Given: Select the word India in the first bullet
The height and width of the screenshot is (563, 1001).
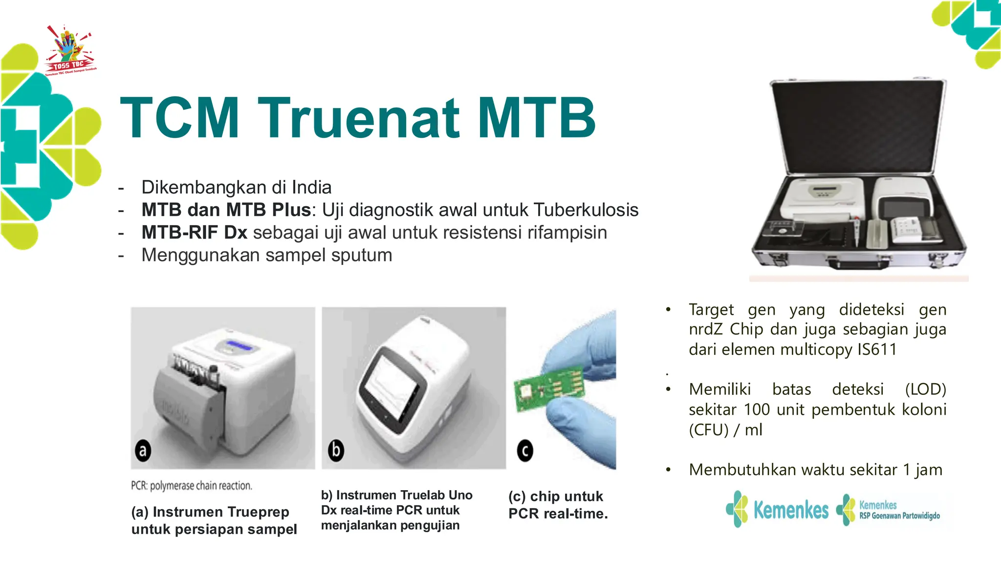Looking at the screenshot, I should (311, 187).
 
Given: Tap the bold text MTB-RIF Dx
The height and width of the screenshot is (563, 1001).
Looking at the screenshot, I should (194, 233).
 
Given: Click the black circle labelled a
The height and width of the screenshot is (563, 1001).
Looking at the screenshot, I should (142, 450).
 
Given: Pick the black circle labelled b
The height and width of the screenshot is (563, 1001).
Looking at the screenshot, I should (336, 450).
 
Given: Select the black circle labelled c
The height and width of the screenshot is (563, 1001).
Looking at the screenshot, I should (525, 451).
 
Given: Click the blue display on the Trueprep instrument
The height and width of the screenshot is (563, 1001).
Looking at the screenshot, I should (239, 346).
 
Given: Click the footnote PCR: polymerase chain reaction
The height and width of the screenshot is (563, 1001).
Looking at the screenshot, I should (192, 486).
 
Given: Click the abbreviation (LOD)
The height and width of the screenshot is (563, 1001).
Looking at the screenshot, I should (925, 390).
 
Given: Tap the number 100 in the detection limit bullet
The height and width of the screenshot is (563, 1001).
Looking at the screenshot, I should (757, 410).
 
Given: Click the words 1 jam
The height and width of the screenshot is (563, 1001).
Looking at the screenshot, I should (922, 470).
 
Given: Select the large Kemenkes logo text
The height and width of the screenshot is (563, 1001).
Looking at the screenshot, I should (790, 510).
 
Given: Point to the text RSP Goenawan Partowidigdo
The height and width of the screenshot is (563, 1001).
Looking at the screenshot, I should (899, 516).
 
